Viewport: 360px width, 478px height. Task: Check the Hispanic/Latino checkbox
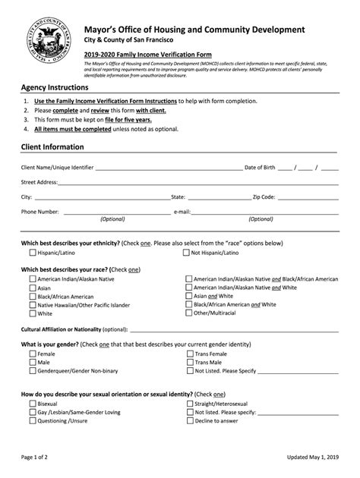pos(33,253)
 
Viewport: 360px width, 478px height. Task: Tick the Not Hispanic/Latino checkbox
pos(187,253)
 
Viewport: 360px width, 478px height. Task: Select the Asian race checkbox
pos(33,288)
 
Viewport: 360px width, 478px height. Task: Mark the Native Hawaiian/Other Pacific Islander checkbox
pos(33,305)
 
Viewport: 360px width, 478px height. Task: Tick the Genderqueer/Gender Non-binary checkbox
pos(33,371)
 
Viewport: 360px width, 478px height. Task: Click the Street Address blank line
pos(197,183)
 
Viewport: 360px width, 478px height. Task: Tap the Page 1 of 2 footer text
pos(37,459)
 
